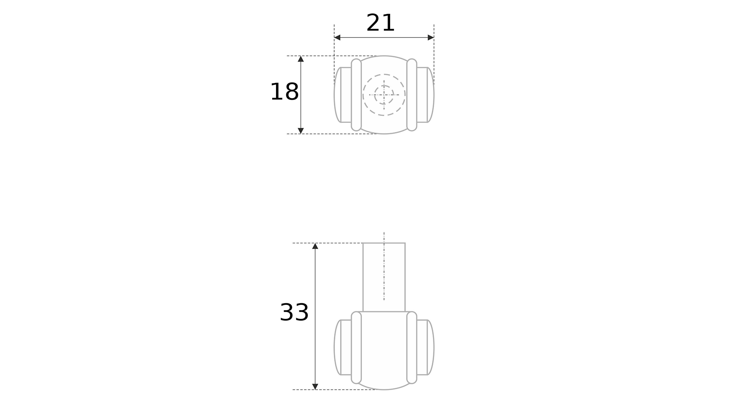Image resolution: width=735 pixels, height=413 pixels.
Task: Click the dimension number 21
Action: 380,23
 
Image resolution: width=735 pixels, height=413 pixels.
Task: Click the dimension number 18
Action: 284,92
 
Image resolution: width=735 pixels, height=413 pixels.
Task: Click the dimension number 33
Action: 294,312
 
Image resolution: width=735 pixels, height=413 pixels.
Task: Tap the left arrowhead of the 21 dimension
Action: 337,37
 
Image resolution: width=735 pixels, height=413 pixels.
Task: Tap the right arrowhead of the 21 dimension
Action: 431,37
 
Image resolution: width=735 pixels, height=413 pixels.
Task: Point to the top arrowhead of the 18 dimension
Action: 301,59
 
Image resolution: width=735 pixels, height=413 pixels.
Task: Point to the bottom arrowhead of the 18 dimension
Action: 301,131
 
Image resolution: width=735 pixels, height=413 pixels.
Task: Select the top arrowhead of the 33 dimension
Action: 315,246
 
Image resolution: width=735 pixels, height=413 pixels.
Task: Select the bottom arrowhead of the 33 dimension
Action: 315,387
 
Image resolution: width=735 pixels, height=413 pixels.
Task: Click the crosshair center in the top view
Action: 384,95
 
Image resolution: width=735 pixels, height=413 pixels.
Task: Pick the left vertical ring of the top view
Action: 356,95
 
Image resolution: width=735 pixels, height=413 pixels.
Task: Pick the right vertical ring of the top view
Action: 412,95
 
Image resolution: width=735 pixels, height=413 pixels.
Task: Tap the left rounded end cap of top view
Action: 338,95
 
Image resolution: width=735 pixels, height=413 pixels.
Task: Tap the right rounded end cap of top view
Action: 430,95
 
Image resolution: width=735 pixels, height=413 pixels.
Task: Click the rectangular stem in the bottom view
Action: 384,277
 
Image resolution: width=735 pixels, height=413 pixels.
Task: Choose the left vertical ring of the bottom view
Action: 356,347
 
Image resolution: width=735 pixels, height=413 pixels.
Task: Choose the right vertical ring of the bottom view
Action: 412,347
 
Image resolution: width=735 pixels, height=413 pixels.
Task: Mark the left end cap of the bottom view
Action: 338,347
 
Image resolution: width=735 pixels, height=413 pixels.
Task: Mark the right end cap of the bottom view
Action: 430,347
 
